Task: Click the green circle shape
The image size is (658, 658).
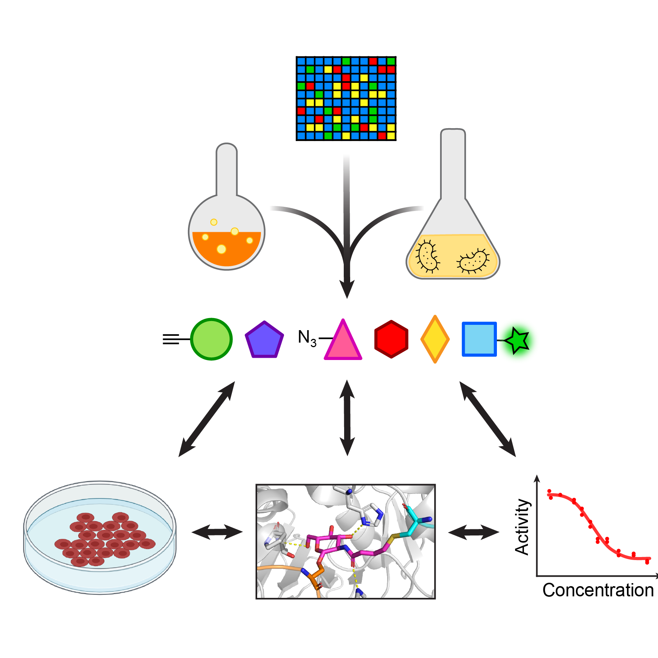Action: [x=211, y=339]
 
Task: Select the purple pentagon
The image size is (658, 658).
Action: [x=264, y=340]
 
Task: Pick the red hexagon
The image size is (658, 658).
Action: [x=391, y=339]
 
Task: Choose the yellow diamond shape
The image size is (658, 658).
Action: [x=435, y=339]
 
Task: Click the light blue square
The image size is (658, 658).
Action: [x=479, y=339]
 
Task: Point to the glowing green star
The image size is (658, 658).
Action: [x=517, y=340]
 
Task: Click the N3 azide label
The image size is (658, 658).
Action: [x=307, y=338]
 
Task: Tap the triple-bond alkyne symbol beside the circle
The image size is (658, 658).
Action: [x=171, y=339]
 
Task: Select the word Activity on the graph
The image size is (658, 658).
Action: [x=522, y=526]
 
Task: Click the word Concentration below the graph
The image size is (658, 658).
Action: [x=598, y=590]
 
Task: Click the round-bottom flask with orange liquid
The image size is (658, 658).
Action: [x=227, y=227]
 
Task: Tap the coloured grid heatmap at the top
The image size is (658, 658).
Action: [x=346, y=98]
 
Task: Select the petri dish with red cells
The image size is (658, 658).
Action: [x=100, y=537]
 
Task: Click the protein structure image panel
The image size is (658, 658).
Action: [x=346, y=542]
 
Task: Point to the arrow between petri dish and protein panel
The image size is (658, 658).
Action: [x=217, y=532]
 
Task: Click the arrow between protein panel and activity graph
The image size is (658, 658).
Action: [x=473, y=532]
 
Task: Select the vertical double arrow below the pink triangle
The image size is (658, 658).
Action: [x=347, y=418]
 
